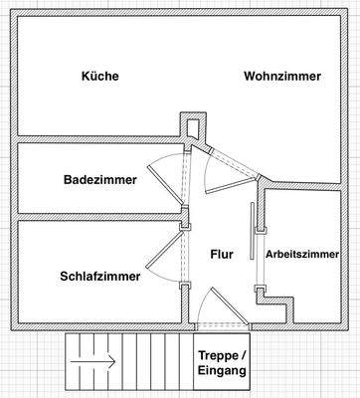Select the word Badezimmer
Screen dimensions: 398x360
[95, 180]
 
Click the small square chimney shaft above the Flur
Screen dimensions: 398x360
[190, 126]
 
